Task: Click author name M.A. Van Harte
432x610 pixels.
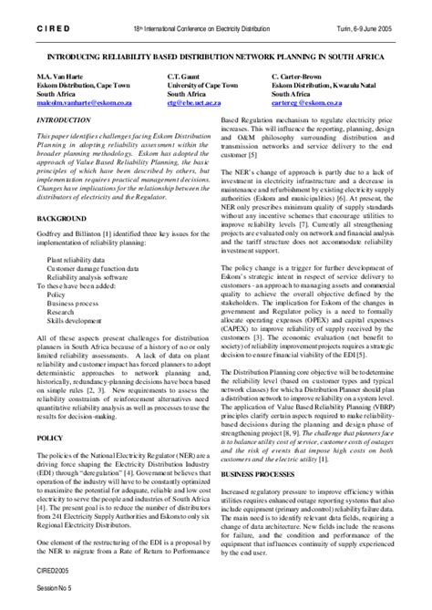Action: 66,77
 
